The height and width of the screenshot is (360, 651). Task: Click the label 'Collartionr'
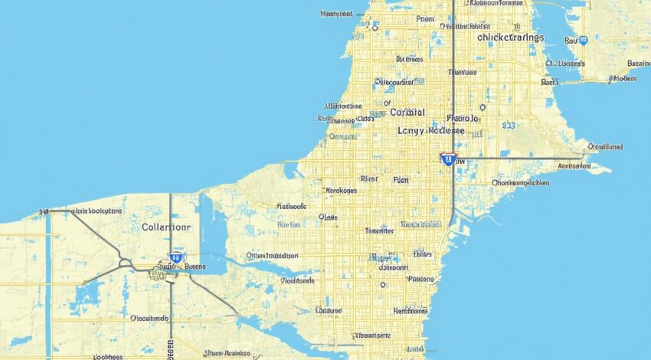coord(167,227)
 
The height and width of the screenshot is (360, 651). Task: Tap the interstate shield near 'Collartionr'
coord(176,258)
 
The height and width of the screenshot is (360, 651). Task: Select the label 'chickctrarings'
coord(510,37)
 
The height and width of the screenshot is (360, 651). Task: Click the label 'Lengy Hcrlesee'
coord(432,131)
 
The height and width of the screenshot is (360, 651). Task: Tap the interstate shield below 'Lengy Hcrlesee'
coord(448,159)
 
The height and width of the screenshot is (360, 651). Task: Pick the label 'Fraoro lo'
coord(463,119)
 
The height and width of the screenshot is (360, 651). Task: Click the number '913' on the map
coord(509,124)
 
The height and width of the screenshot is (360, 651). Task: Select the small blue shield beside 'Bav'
coord(583,40)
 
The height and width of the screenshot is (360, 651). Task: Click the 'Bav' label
coord(571,40)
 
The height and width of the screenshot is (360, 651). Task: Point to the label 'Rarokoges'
coord(341,191)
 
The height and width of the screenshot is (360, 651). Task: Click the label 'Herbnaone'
coord(411,311)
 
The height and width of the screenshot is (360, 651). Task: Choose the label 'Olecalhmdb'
coord(149,317)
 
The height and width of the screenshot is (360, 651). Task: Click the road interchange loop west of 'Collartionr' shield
coord(124,263)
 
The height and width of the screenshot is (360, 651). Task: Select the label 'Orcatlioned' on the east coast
coord(604,146)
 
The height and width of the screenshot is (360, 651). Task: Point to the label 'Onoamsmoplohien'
coord(520,183)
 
